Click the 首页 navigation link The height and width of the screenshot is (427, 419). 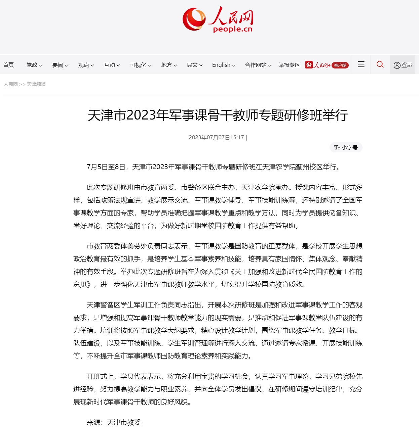(x=8, y=65)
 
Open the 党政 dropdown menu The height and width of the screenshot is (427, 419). (x=34, y=65)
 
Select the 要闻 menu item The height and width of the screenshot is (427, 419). (x=60, y=65)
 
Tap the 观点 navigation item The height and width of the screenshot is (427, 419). (x=86, y=65)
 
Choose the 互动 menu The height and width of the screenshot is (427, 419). (x=112, y=65)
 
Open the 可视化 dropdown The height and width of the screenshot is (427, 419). (x=140, y=65)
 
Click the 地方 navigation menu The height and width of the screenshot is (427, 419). (x=169, y=65)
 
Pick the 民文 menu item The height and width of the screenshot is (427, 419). (x=194, y=65)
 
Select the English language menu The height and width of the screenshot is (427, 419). (x=223, y=65)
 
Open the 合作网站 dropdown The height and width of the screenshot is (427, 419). (x=258, y=65)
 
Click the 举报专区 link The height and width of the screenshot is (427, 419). (x=289, y=65)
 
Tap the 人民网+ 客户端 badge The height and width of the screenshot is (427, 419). (x=327, y=65)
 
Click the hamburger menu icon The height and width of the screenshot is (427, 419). (x=361, y=64)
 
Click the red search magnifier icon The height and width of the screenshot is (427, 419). (x=380, y=64)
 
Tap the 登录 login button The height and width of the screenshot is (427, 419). (x=403, y=65)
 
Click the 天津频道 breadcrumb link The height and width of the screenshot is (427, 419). (x=36, y=84)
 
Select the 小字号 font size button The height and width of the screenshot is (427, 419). (x=346, y=147)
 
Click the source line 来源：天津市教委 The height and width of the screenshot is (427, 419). (x=113, y=422)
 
